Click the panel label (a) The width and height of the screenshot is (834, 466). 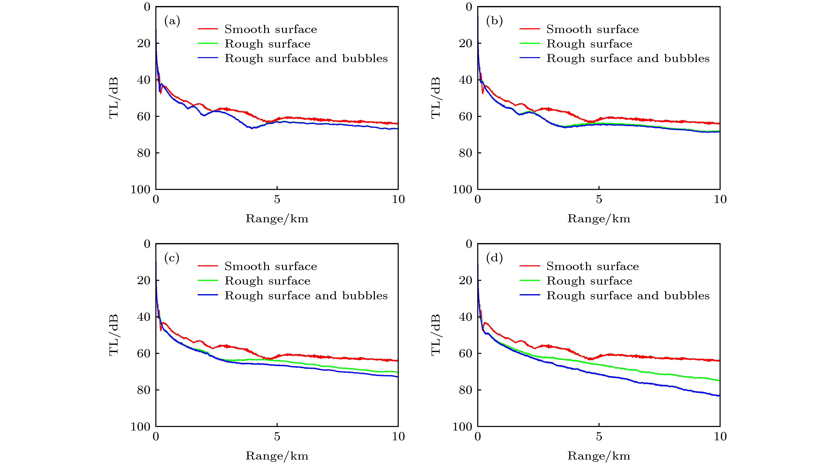point(172,21)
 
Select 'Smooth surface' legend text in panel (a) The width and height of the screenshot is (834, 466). point(271,29)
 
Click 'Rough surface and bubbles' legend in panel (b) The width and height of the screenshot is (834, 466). point(628,59)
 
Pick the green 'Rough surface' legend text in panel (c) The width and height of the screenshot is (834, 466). point(267,281)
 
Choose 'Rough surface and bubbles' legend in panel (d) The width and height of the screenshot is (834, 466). point(628,296)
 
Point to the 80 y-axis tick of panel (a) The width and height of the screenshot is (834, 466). point(144,153)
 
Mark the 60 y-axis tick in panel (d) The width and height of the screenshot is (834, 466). point(466,353)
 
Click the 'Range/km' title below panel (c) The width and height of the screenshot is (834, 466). point(277,456)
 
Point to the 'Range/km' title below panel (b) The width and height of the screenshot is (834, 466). point(599,219)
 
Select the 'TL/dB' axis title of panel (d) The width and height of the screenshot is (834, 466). point(436,335)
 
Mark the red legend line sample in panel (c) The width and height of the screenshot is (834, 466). point(207,266)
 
